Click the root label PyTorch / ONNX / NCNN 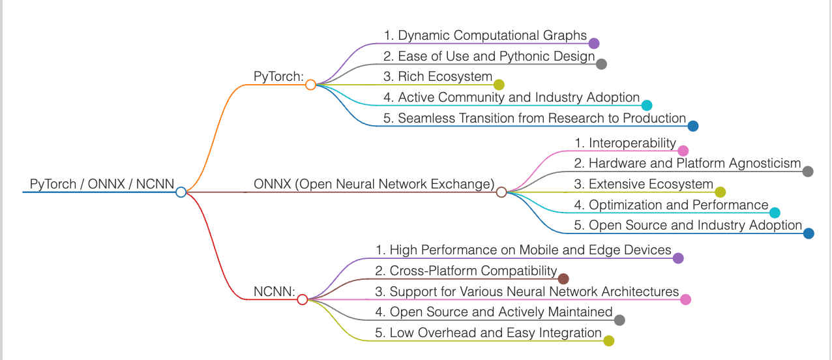[x=102, y=184]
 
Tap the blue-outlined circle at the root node [x=181, y=192]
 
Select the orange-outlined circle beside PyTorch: [x=310, y=84]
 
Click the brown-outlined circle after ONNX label [x=501, y=192]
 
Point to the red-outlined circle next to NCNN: [x=302, y=299]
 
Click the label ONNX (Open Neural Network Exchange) [x=374, y=184]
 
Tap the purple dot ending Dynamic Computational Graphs [x=593, y=44]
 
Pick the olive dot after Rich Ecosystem [x=499, y=84]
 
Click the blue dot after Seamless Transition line [x=693, y=126]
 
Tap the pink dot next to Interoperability [x=683, y=151]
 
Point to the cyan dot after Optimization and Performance [x=775, y=213]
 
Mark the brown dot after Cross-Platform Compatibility [x=563, y=278]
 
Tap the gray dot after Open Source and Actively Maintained [x=619, y=320]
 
